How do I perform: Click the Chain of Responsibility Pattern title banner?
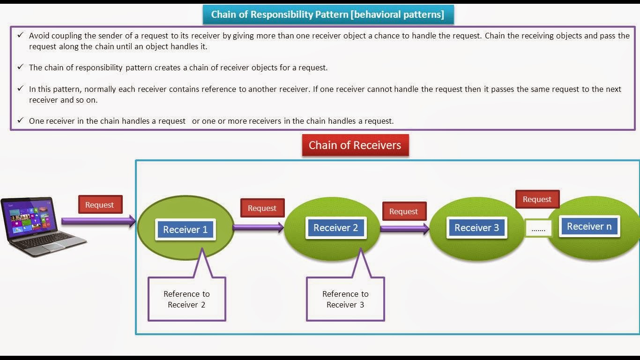328,15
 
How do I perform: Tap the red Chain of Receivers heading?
355,145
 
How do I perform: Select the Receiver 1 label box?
186,230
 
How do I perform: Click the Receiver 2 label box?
335,228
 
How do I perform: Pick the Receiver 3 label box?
476,228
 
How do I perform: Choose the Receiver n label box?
589,226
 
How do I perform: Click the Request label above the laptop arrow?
99,205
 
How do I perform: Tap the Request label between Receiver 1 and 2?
262,208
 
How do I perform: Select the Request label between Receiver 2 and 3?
403,211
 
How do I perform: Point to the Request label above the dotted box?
537,199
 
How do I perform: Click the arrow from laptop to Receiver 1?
98,221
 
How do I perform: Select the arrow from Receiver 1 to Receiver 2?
258,228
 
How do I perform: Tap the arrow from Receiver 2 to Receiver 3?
404,229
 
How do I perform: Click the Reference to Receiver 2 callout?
186,299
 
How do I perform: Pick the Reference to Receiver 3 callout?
345,299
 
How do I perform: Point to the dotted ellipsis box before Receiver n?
538,229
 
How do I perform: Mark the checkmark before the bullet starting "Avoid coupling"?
20,35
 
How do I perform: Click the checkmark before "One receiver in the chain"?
20,120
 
